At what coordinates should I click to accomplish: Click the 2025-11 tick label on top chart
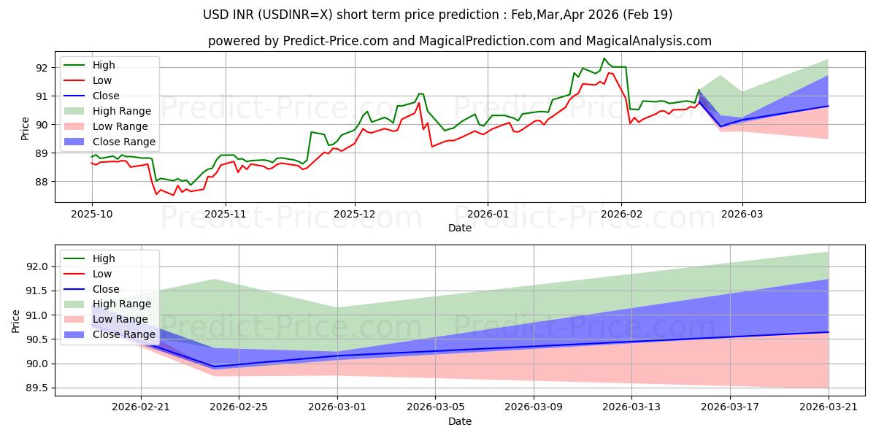click(x=226, y=215)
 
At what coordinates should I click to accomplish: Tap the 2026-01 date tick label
click(x=488, y=215)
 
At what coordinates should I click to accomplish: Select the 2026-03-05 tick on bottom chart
click(x=436, y=407)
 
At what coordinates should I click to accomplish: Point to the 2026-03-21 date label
click(x=829, y=407)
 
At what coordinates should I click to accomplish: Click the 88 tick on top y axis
click(x=42, y=182)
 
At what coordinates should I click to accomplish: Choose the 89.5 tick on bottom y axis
click(x=36, y=388)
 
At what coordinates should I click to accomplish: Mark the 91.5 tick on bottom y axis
click(x=36, y=291)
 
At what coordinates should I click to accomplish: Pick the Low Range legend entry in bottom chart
click(x=106, y=319)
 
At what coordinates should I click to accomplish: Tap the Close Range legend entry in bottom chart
click(x=109, y=334)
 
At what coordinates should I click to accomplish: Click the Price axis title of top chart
click(x=25, y=128)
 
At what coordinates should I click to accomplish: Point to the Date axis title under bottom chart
click(x=460, y=421)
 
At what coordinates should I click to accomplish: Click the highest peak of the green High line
click(x=604, y=58)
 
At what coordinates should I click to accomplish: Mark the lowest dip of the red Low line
click(x=174, y=195)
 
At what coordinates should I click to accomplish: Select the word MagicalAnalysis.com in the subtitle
click(x=648, y=41)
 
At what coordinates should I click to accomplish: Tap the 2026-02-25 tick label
click(x=239, y=407)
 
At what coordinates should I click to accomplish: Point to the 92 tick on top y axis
click(x=42, y=68)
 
